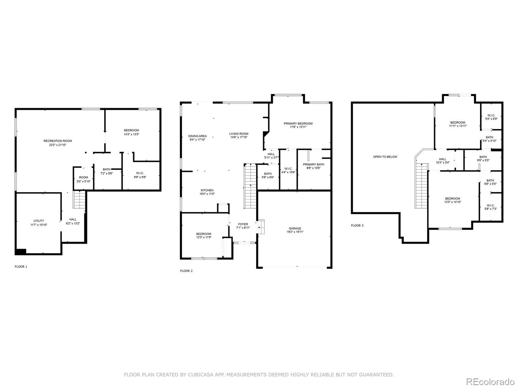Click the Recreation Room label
pos(58,141)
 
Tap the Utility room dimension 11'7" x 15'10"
pos(39,225)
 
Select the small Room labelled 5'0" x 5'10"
pos(84,179)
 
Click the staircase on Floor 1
pos(79,199)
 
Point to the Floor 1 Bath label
pos(107,169)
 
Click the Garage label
pos(295,229)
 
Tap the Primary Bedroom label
pos(298,124)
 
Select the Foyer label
pos(243,224)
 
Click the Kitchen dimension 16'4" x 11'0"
pos(207,194)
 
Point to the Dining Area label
pos(197,136)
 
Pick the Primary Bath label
pos(313,165)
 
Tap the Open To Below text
pos(385,157)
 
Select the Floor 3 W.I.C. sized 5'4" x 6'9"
pos(491,117)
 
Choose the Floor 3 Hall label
pos(442,159)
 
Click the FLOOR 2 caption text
pos(186,271)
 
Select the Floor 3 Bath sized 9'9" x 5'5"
pos(483,159)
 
